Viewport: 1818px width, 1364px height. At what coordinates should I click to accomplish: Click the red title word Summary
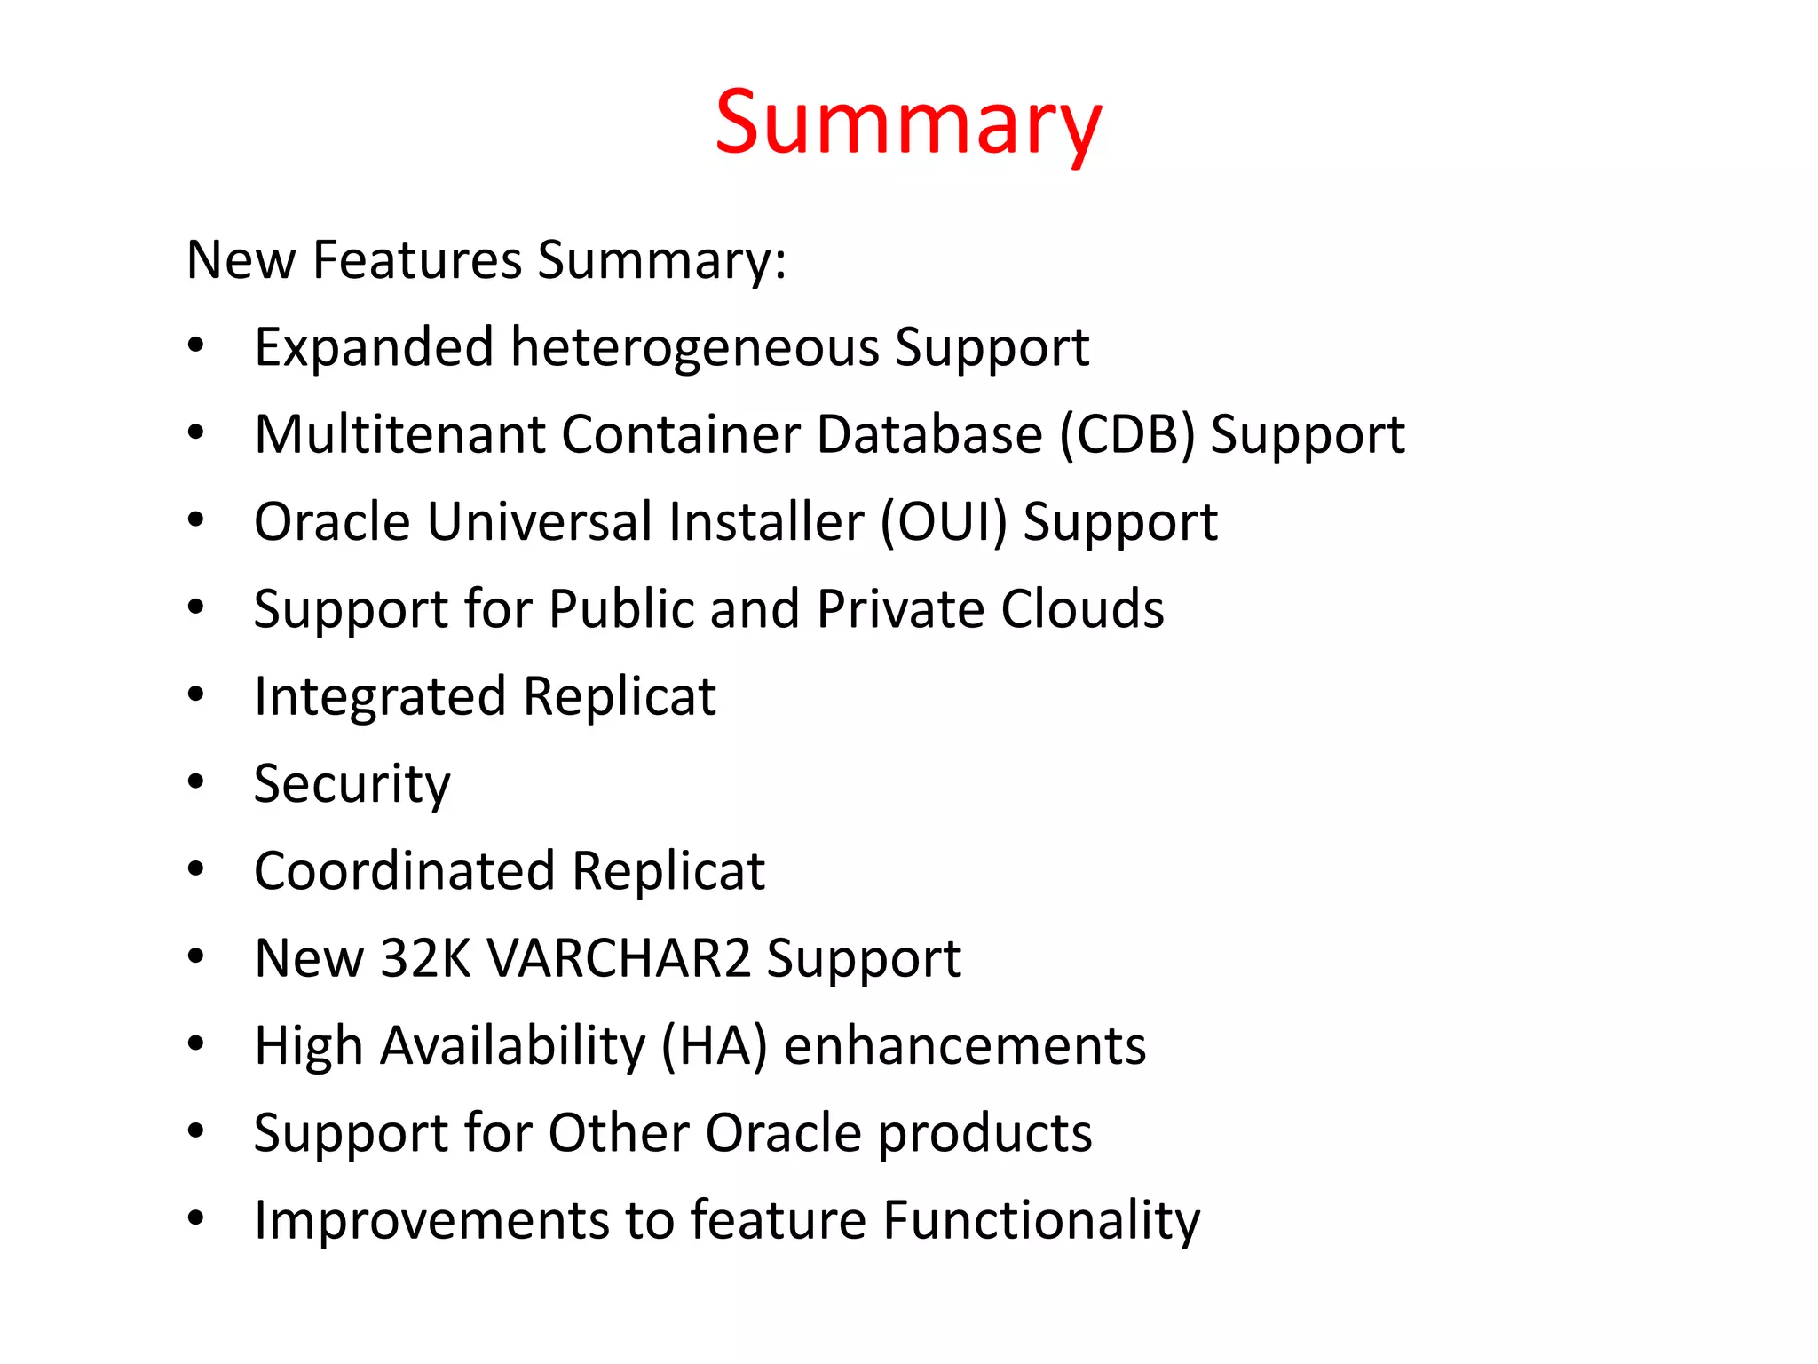(908, 124)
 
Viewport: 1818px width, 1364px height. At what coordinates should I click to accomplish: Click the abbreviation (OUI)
(944, 521)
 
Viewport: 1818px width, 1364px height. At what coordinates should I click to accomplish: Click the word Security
(352, 784)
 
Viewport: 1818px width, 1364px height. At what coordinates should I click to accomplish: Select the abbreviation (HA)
(715, 1045)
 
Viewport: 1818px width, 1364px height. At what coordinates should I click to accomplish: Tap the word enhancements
(965, 1045)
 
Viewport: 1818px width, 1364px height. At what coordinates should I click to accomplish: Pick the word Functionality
(1041, 1220)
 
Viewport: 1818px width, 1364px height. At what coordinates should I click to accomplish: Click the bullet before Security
(196, 782)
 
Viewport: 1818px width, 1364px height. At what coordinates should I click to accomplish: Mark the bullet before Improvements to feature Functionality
(196, 1218)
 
